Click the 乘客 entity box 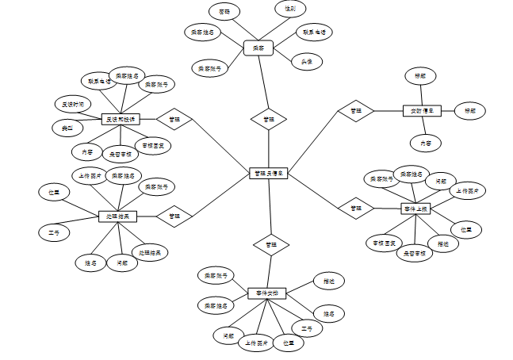[x=258, y=48]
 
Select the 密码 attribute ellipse [x=224, y=11]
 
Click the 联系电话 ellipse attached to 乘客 [x=314, y=33]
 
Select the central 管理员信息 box [x=269, y=172]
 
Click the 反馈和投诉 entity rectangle [x=121, y=119]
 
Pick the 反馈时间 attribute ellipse [x=73, y=104]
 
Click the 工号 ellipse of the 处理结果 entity [x=54, y=232]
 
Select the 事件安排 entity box [x=266, y=293]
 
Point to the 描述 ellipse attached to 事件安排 [x=328, y=281]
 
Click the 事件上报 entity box [x=416, y=209]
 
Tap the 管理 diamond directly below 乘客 [x=269, y=119]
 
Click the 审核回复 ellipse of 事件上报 [x=385, y=242]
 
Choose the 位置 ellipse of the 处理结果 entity [x=54, y=191]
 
